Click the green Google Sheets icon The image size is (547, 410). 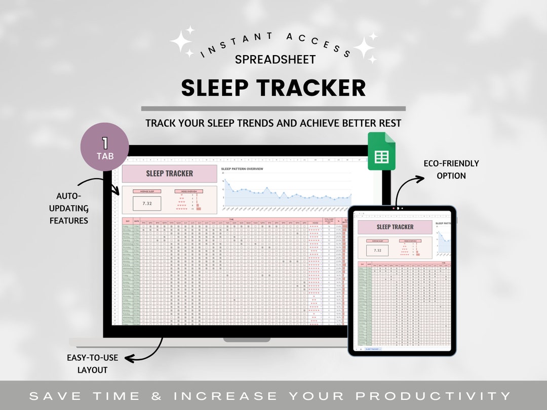click(381, 151)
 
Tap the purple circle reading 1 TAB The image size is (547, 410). click(105, 148)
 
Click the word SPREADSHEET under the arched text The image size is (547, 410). click(275, 59)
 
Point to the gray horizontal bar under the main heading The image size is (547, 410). click(273, 108)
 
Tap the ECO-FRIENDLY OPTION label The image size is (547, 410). click(452, 170)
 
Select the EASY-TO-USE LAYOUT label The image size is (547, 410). click(93, 363)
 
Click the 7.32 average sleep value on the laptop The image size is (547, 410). click(147, 203)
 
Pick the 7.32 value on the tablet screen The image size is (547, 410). click(377, 250)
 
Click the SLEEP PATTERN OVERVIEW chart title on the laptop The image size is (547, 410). click(242, 169)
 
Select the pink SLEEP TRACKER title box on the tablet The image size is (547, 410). click(395, 227)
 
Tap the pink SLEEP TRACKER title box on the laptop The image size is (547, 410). click(169, 174)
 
